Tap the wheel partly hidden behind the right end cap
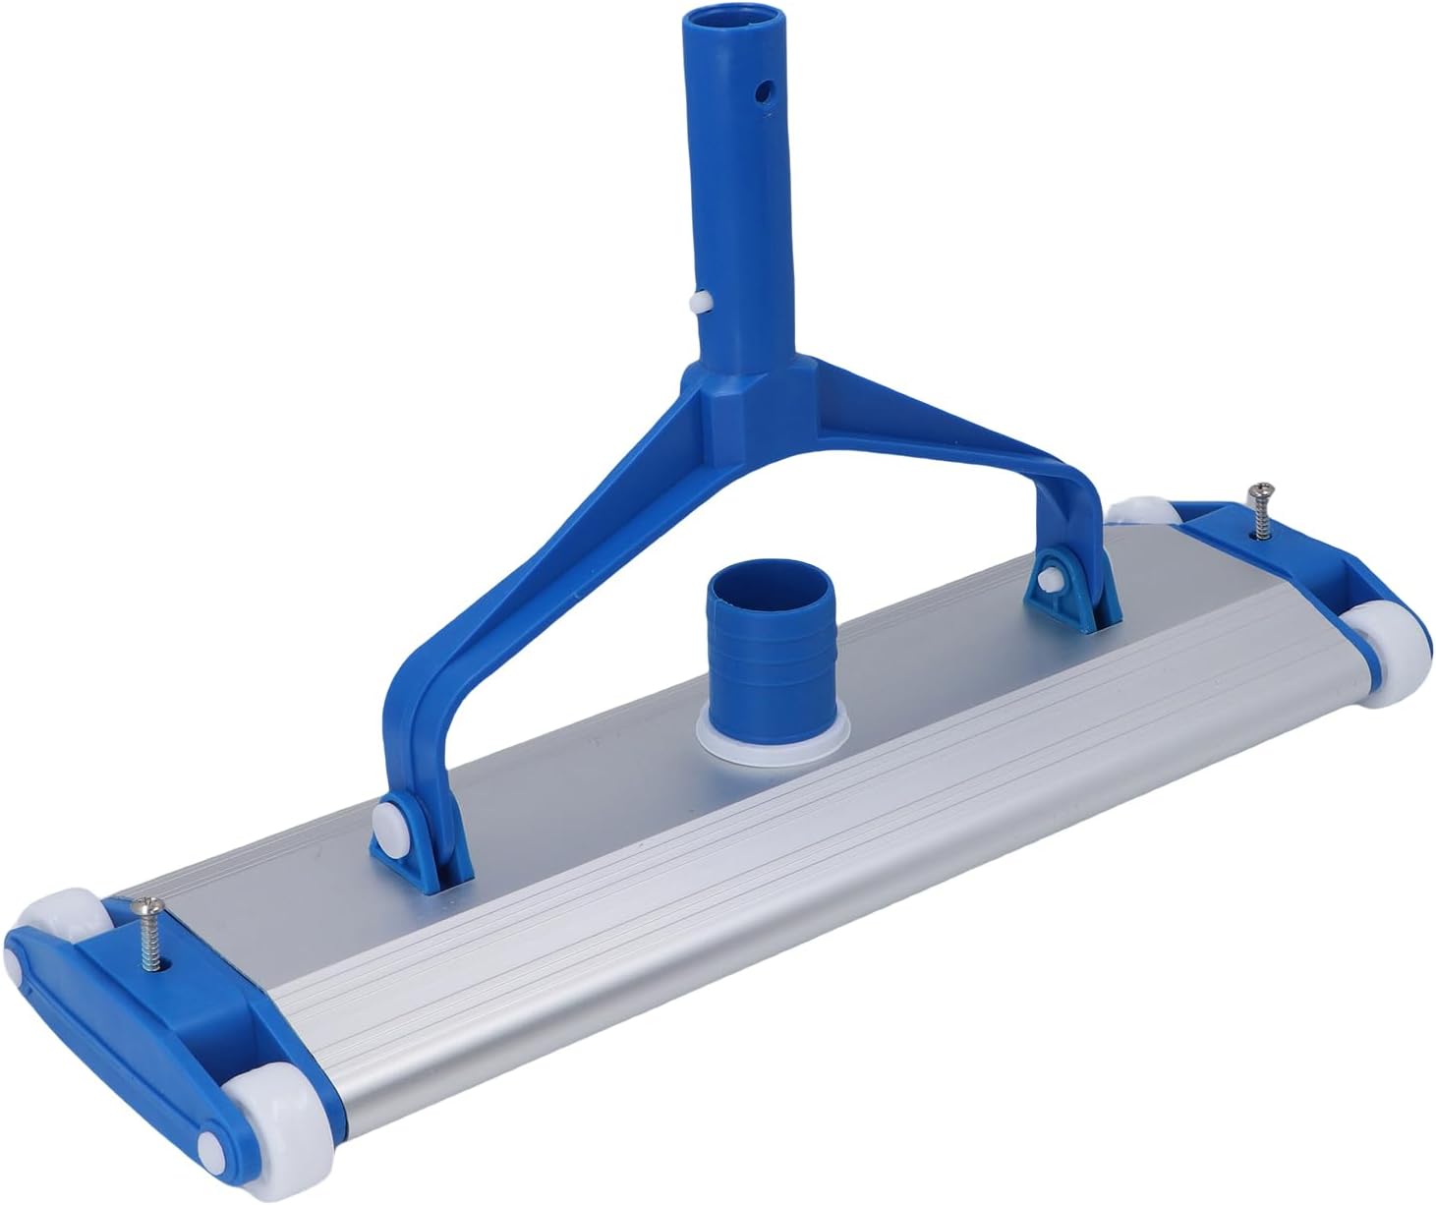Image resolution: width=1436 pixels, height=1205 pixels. click(x=1143, y=511)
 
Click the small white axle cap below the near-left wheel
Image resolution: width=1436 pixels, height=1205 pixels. click(x=211, y=1147)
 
